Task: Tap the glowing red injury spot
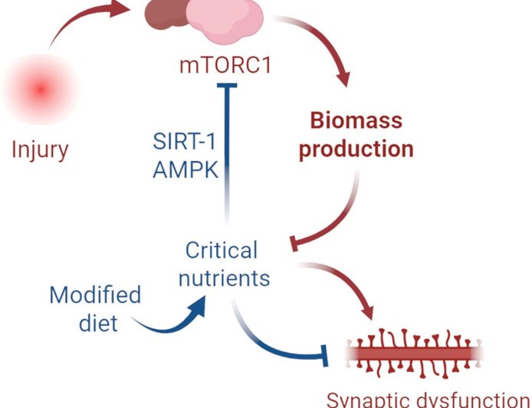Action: tap(41, 90)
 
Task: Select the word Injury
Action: tap(40, 150)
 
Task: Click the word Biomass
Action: tap(356, 121)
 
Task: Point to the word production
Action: tap(356, 149)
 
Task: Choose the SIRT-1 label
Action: tap(181, 142)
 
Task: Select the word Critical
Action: tap(222, 250)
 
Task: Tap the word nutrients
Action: tap(224, 278)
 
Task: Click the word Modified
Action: tap(95, 295)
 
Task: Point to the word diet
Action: tap(98, 323)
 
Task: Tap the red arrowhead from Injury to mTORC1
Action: tap(121, 9)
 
